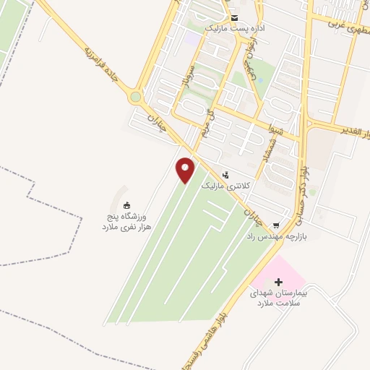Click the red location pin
tap(186, 170)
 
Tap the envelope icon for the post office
tap(234, 17)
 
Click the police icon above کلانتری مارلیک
tap(226, 175)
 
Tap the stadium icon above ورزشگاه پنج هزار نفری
tap(127, 205)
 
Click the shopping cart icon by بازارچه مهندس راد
tap(275, 225)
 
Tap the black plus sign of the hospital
tap(280, 281)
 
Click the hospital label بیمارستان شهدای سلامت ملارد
tap(279, 298)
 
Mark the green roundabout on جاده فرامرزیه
tap(135, 97)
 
